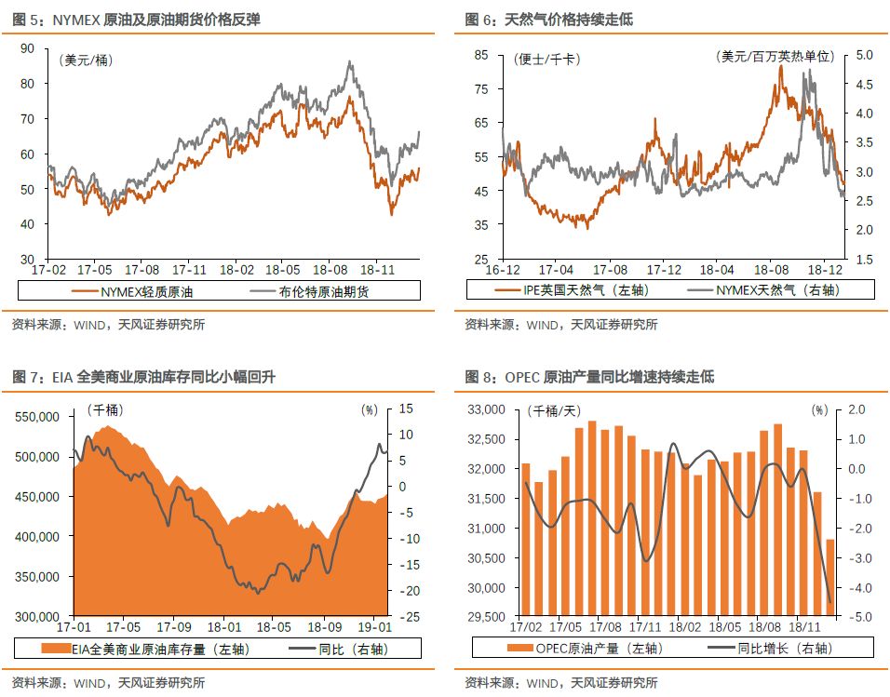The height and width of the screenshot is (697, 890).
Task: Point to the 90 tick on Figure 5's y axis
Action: [x=27, y=48]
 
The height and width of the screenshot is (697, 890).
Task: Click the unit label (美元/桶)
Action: [x=85, y=61]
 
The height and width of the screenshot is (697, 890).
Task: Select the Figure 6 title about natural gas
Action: [x=548, y=19]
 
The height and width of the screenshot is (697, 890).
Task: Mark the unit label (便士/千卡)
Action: [x=546, y=59]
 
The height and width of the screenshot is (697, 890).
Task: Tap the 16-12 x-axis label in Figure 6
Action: [x=503, y=269]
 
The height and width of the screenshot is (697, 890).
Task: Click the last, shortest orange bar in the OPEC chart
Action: [x=830, y=578]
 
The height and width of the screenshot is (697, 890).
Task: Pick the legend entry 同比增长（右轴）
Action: [x=770, y=649]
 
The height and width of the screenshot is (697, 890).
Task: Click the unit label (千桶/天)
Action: [x=553, y=410]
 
